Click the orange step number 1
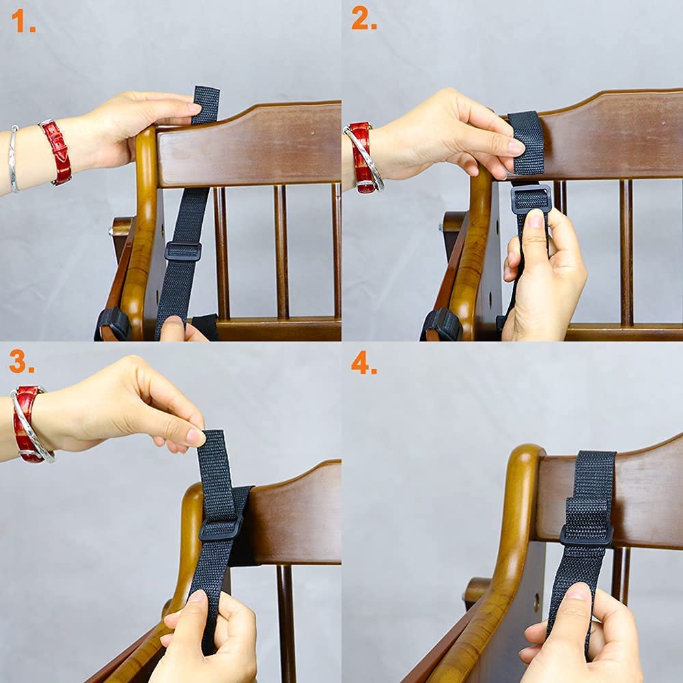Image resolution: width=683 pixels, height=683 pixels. tap(23, 21)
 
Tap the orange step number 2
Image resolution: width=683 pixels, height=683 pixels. tap(364, 18)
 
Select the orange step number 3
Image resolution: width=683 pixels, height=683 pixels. tap(22, 361)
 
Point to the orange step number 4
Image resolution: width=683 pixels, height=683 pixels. tap(364, 363)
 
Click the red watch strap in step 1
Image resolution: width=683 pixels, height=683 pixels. tap(57, 152)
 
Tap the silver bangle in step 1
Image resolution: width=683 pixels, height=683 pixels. tap(14, 159)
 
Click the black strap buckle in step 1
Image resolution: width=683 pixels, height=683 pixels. tap(183, 251)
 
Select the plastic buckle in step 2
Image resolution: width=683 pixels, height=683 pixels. tap(531, 199)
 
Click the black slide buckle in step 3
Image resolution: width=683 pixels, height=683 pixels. tap(221, 529)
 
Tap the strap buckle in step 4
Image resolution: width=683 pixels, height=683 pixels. tap(587, 535)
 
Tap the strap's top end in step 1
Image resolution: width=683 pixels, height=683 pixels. tap(206, 89)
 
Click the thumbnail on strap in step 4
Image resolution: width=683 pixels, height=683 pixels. tap(578, 593)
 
